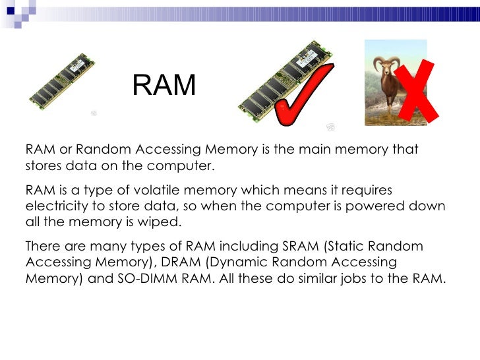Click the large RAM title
coord(164,85)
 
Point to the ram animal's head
coord(384,65)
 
